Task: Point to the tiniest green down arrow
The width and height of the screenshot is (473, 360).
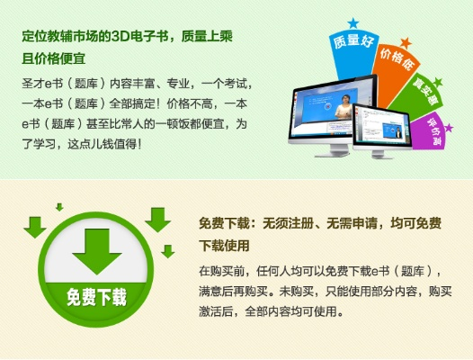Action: (59, 207)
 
